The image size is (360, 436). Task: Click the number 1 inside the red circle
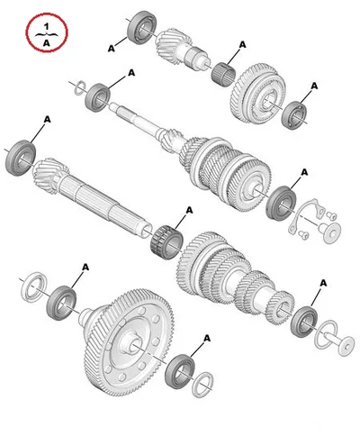coord(46,26)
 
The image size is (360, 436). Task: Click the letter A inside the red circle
coord(46,43)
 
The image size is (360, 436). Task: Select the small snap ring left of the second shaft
coord(79,87)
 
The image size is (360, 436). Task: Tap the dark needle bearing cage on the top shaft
coord(223,74)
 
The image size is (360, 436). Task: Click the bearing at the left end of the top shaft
coord(142,28)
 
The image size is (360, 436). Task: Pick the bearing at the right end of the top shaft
coord(294,115)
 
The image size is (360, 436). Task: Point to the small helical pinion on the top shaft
coord(174,44)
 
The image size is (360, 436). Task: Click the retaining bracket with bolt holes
coord(306,214)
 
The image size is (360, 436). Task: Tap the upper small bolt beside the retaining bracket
coord(331,215)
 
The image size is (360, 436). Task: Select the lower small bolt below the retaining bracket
coord(303,235)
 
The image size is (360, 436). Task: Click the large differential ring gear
coord(130,342)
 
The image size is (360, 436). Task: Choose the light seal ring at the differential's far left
coord(34,287)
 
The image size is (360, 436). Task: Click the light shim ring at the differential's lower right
coord(202,385)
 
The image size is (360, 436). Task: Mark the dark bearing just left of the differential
coord(61,303)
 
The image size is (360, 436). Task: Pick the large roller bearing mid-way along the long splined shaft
coord(166,242)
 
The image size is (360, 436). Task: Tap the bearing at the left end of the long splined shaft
coord(21,158)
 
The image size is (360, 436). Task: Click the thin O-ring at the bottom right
coord(326,334)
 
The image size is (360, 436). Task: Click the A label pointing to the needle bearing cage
coord(242,45)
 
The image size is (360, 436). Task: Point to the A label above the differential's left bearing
coord(85,267)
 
